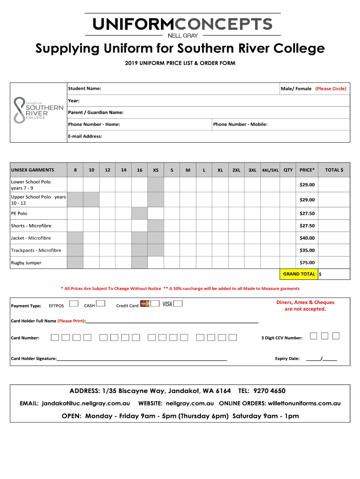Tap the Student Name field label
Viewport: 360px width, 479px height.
pyautogui.click(x=85, y=88)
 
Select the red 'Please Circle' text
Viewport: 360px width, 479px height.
pyautogui.click(x=331, y=88)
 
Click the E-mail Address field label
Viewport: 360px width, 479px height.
pyautogui.click(x=85, y=136)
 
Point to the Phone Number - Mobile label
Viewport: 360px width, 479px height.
pyautogui.click(x=240, y=124)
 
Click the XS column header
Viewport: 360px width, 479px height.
pyautogui.click(x=156, y=170)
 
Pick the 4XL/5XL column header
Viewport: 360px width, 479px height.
pyautogui.click(x=270, y=170)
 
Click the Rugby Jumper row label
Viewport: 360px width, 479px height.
pyautogui.click(x=26, y=262)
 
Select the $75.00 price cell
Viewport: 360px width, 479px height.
pyautogui.click(x=307, y=262)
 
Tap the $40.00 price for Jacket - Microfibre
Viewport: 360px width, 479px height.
pyautogui.click(x=307, y=238)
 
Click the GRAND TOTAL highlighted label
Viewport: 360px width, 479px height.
pyautogui.click(x=299, y=274)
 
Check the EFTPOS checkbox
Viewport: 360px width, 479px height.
pyautogui.click(x=73, y=304)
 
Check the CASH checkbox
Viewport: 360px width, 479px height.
pyautogui.click(x=101, y=304)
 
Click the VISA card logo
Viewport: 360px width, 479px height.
pyautogui.click(x=167, y=305)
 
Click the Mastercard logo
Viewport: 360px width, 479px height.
pyautogui.click(x=145, y=305)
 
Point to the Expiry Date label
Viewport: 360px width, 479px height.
pyautogui.click(x=287, y=359)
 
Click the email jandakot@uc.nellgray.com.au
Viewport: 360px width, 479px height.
pyautogui.click(x=86, y=403)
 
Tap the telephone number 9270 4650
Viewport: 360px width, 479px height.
pyautogui.click(x=269, y=391)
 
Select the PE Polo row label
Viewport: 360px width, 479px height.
pyautogui.click(x=19, y=213)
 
